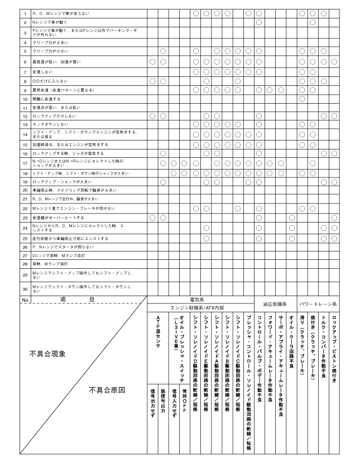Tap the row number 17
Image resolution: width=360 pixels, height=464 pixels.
(x=25, y=163)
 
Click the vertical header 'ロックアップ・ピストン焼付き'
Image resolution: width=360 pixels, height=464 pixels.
(x=334, y=346)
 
